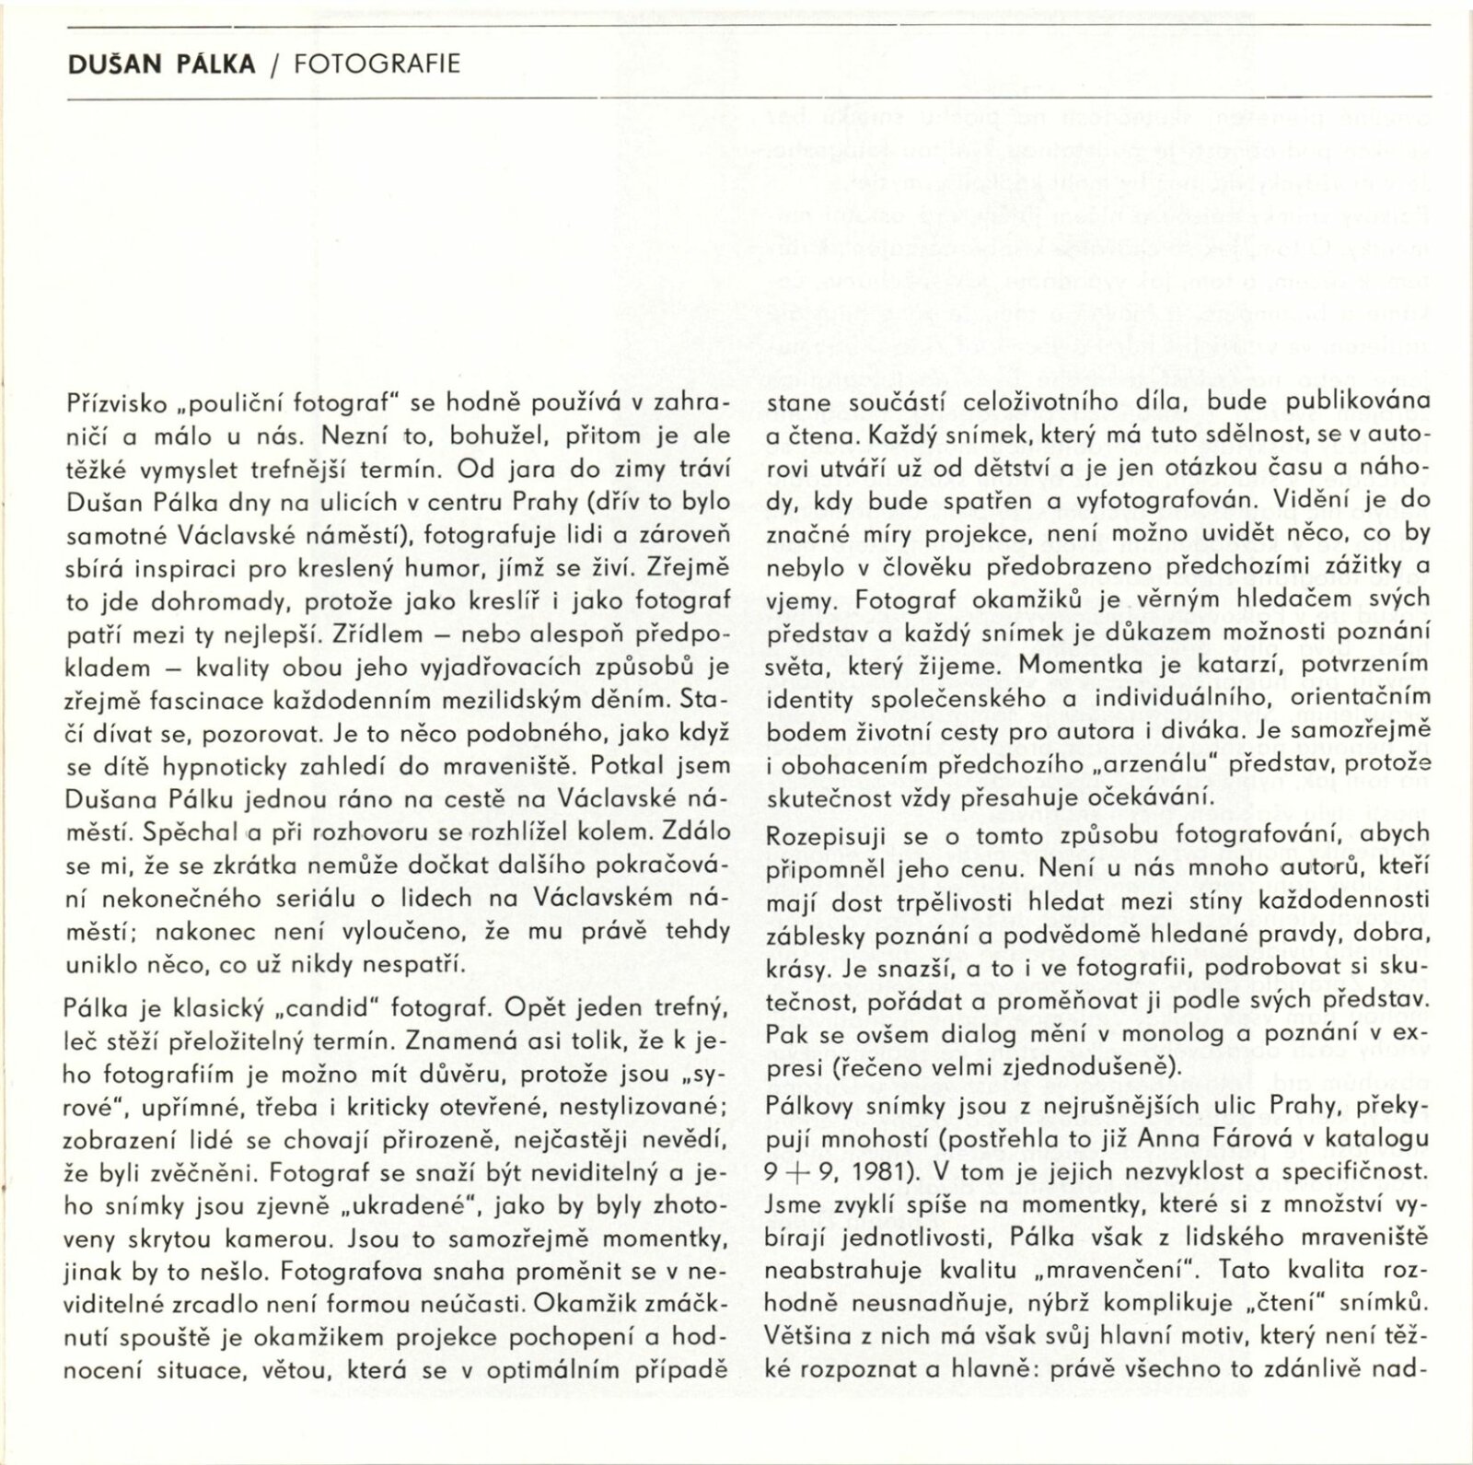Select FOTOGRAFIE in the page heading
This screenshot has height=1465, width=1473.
click(377, 64)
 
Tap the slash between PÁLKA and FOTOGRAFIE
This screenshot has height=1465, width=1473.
click(274, 65)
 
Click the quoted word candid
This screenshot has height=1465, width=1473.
click(340, 1006)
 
